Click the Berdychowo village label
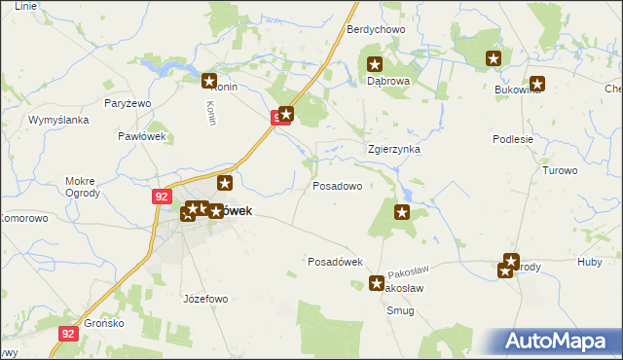376,30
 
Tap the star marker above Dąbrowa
375,65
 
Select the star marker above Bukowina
536,84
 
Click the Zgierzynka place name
393,150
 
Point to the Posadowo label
337,185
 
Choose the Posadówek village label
335,262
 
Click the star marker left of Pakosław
378,284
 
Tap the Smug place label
399,311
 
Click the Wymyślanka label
58,120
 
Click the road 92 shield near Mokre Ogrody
162,196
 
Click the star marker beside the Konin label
209,81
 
